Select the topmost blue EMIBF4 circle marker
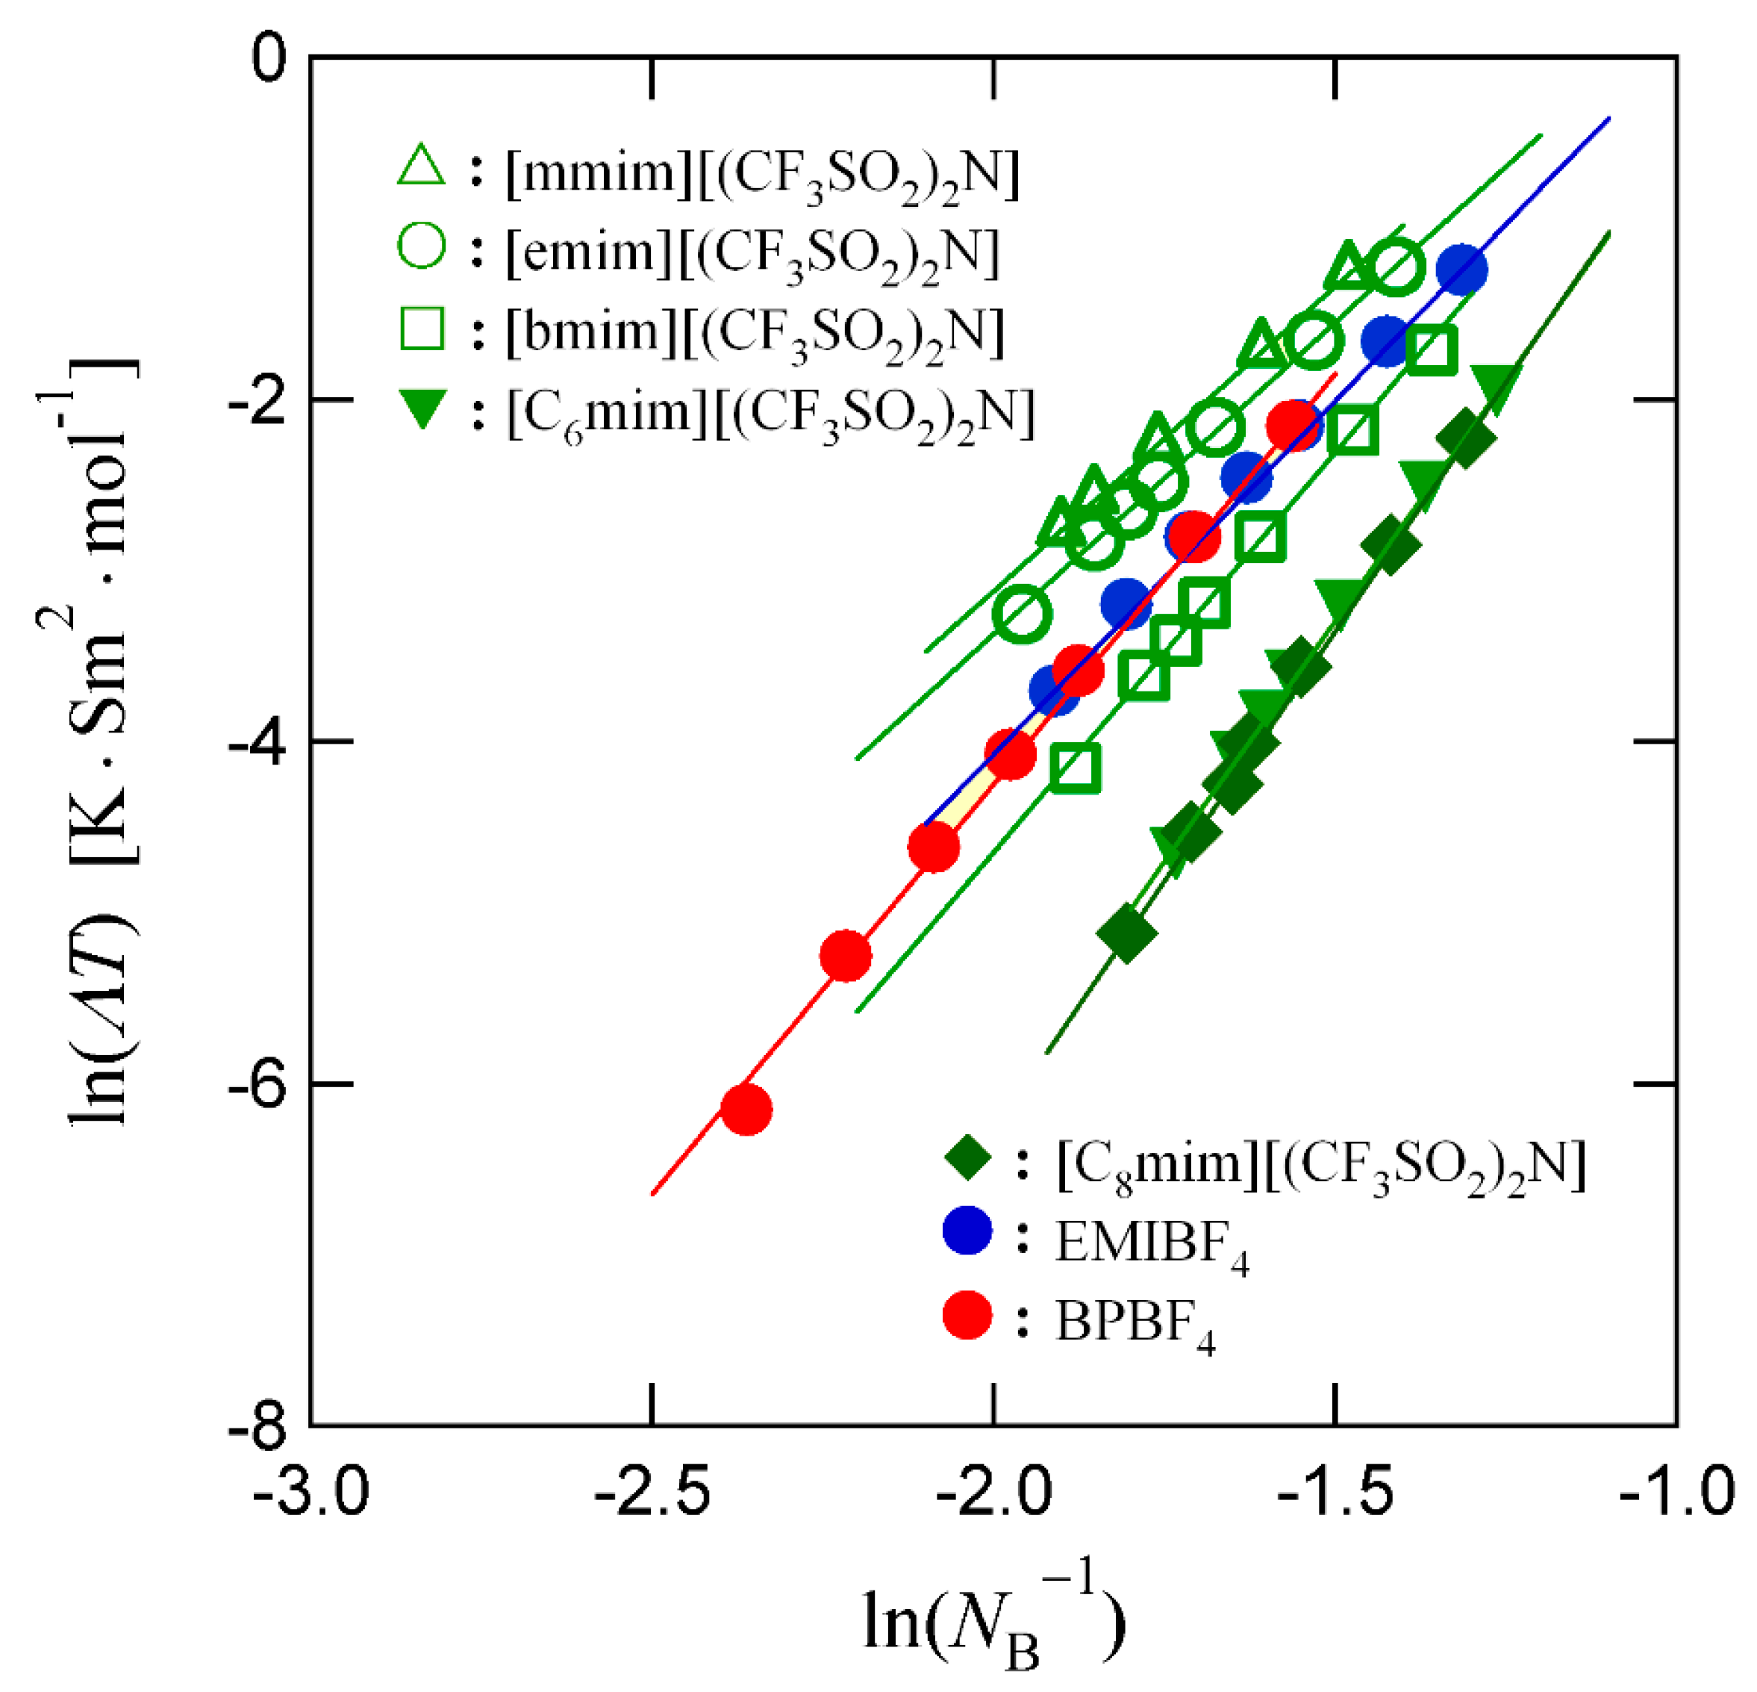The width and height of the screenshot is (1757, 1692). [x=1462, y=269]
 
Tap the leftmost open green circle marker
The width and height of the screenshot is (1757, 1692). [x=1022, y=615]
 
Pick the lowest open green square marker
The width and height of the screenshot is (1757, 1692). [x=1075, y=768]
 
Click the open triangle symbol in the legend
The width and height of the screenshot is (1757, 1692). [x=420, y=167]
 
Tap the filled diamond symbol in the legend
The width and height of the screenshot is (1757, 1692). [x=968, y=1161]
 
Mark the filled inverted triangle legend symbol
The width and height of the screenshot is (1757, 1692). [x=420, y=411]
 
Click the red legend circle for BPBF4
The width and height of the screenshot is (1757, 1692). [x=968, y=1316]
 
